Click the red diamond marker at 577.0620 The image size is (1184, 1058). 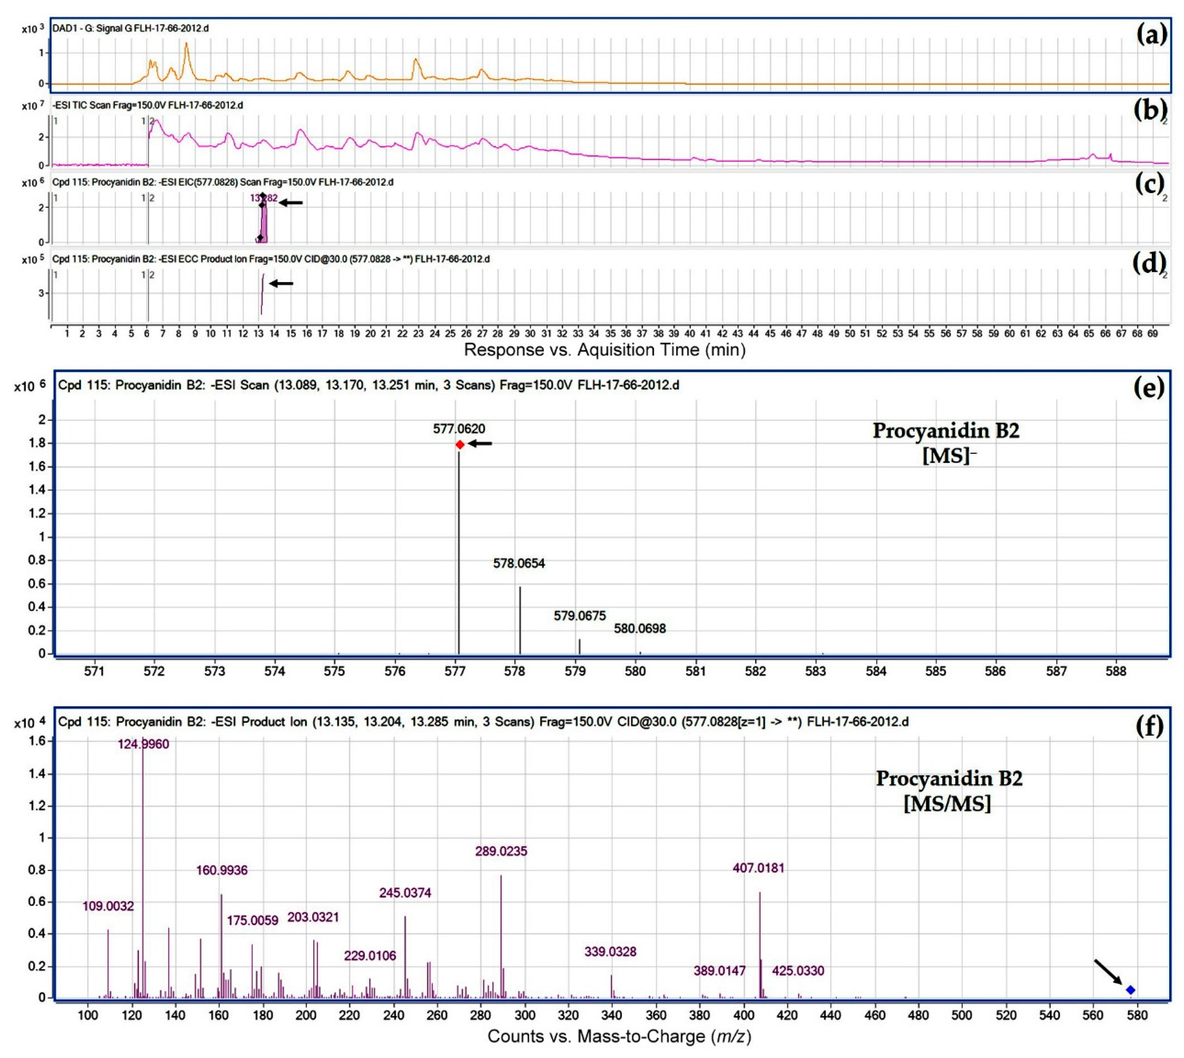[460, 445]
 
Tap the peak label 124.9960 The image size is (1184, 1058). [144, 744]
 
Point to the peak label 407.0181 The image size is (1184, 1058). [758, 868]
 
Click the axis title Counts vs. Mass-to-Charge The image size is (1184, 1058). [619, 1036]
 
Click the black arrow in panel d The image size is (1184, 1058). [282, 284]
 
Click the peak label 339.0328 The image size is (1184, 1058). [610, 952]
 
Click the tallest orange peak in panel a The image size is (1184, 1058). [187, 44]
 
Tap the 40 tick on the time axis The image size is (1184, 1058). [690, 334]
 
